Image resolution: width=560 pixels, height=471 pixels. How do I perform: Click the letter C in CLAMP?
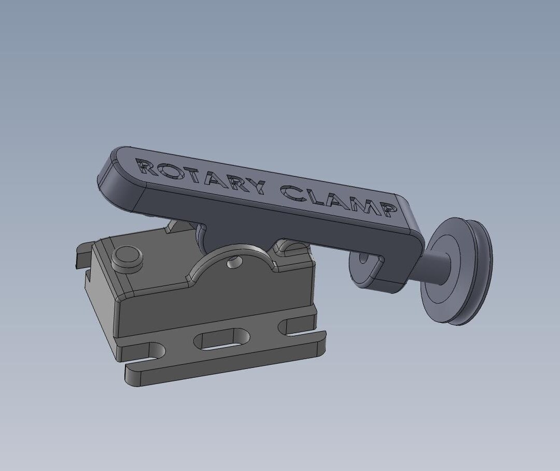click(291, 193)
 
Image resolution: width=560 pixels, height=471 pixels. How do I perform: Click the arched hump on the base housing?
click(233, 269)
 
